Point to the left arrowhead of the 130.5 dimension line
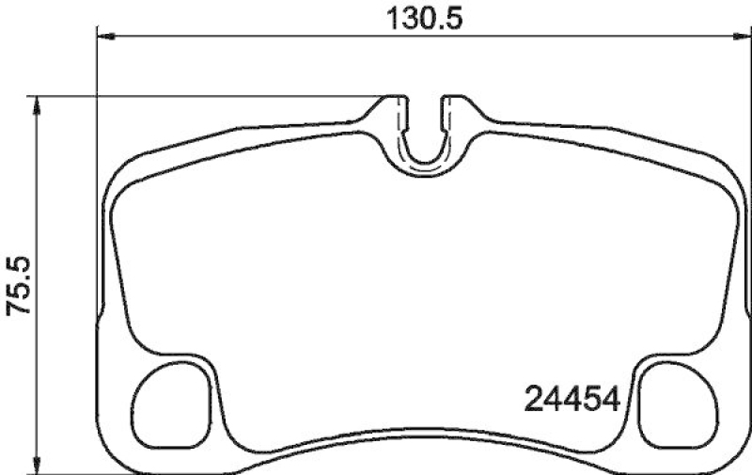105,36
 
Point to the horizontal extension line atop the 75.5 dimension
207,96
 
